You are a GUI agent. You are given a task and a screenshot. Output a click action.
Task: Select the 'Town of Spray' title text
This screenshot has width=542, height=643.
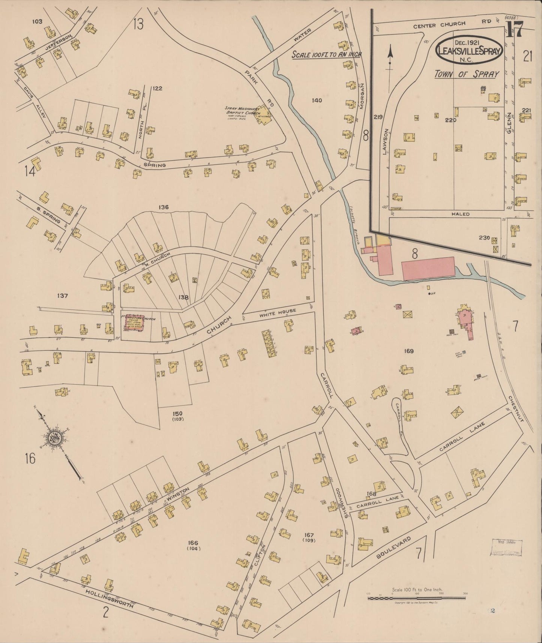[x=466, y=74]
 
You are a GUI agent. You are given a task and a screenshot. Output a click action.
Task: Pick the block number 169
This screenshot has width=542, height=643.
[x=408, y=351]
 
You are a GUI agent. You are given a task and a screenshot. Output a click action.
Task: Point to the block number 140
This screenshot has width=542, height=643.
[x=317, y=100]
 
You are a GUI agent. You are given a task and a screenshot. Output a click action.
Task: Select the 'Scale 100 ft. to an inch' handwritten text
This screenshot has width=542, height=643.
[x=326, y=54]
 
